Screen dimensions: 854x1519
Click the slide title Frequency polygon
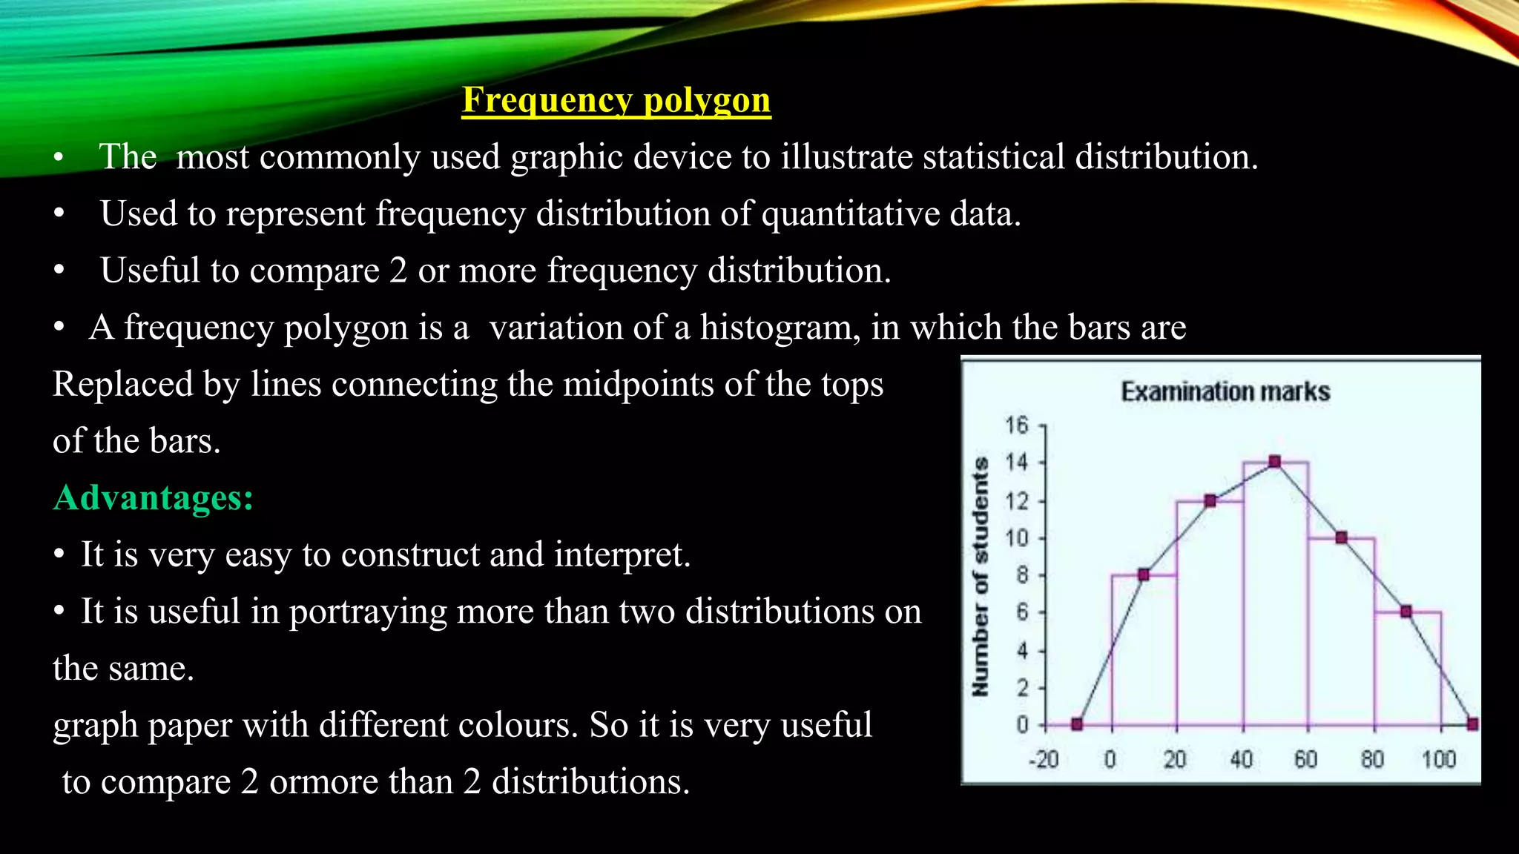pos(616,100)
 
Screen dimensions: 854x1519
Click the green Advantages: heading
pos(154,497)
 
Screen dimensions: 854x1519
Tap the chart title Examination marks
pos(1225,391)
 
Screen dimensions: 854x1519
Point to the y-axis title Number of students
pos(981,576)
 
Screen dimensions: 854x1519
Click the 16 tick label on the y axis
pos(1017,425)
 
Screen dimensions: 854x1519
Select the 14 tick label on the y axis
pos(1017,463)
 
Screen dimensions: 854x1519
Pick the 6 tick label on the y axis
pos(1022,612)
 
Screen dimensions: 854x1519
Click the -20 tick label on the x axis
pos(1044,759)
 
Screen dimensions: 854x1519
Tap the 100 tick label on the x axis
pos(1438,759)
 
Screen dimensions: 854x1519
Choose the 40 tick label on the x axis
pos(1242,759)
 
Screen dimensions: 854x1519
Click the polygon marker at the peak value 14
pos(1275,462)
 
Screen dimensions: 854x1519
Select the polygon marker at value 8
pos(1144,575)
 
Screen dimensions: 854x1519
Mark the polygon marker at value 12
pos(1210,501)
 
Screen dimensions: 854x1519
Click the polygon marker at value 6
pos(1406,612)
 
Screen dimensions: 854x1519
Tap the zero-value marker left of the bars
pos(1078,724)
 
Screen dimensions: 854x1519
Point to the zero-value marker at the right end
pos(1473,724)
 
